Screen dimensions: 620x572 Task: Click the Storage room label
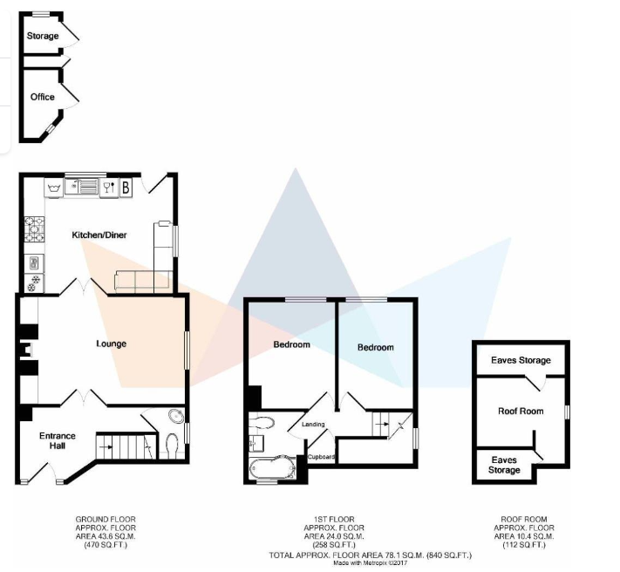43,36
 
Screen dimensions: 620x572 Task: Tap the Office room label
43,97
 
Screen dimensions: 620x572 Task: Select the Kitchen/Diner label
99,235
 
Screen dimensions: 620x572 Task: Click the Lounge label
112,344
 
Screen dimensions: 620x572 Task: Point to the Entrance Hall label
58,440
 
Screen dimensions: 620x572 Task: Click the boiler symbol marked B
126,187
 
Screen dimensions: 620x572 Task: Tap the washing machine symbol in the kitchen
53,188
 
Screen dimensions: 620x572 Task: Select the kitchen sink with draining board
82,187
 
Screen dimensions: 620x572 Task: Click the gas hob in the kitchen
34,228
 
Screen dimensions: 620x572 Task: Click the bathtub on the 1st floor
272,468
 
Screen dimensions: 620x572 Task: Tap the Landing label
313,424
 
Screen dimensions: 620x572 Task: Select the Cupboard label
322,457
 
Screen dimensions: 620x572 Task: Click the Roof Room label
521,411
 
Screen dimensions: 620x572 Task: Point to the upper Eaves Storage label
521,360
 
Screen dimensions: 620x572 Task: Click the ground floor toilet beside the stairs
172,445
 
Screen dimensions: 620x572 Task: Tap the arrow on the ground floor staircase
106,447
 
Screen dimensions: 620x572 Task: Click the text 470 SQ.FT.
106,546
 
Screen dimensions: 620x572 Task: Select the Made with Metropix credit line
370,563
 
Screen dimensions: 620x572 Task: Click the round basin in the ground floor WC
176,416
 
